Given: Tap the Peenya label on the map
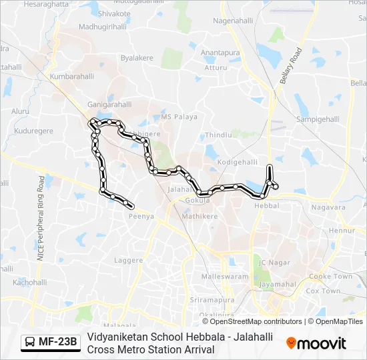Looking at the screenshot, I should point(141,216).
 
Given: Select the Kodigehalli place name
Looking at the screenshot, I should point(237,162).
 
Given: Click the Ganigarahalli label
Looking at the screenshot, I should point(108,105).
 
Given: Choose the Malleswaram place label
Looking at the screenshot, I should point(224,275).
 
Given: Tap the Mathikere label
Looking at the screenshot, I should point(200,216).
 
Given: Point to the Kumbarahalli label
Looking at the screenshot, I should point(71,77).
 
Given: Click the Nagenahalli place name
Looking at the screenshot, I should point(234,21).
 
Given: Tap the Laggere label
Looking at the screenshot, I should point(129,260).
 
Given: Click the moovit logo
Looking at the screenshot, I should point(316,343).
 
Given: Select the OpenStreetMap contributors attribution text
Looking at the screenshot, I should point(247,321).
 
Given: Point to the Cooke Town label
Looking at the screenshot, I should point(330,276).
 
